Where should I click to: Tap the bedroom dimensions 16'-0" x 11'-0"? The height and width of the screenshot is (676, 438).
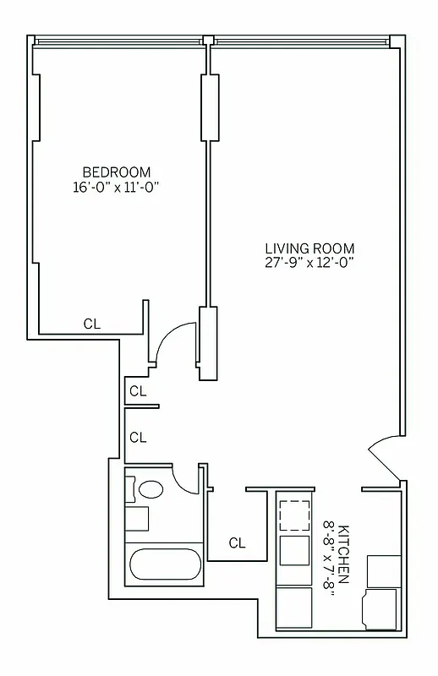click(x=117, y=188)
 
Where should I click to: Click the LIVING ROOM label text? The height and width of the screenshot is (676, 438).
click(x=309, y=248)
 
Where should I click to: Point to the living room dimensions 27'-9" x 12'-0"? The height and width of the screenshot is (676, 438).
click(x=309, y=263)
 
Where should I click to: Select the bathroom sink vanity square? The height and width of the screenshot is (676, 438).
click(x=137, y=517)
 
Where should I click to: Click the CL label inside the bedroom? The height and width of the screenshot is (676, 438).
click(x=92, y=323)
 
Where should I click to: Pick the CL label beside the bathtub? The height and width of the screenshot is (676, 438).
click(x=237, y=543)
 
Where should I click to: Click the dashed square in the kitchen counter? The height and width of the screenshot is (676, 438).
click(x=295, y=514)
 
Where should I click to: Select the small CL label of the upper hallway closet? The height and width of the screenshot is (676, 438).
click(x=138, y=391)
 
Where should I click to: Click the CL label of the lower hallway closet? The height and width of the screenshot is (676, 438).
click(x=138, y=437)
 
